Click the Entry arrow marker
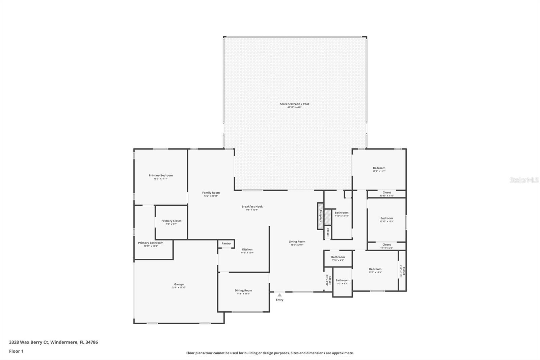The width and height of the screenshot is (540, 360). pos(279,295)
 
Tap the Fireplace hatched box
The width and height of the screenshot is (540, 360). pos(321,216)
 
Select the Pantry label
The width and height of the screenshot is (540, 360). pos(226,243)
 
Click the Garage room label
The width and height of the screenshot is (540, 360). pos(179,284)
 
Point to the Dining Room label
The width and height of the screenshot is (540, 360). pos(243,290)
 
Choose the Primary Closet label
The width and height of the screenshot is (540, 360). pos(171,221)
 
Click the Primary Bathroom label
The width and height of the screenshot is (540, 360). pos(151,243)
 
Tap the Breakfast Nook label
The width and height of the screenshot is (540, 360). pos(252,207)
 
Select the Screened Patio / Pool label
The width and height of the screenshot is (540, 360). pos(294,104)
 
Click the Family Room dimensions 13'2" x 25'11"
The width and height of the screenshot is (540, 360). pos(211,196)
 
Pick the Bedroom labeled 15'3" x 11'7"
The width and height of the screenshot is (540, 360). pos(379,168)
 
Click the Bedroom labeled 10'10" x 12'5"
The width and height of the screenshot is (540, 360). pos(386,218)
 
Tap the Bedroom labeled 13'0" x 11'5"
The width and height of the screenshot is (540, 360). pos(375,269)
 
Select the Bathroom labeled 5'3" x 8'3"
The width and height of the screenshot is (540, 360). pos(342,280)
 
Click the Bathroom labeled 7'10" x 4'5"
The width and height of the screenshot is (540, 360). pos(338,257)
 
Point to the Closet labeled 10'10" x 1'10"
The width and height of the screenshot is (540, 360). pos(387,192)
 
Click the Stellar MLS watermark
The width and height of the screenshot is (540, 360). pos(524,180)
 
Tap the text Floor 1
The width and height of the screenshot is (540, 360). pos(16,351)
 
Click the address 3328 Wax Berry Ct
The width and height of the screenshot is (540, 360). pos(29,342)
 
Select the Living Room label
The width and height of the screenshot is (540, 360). pos(297,242)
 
